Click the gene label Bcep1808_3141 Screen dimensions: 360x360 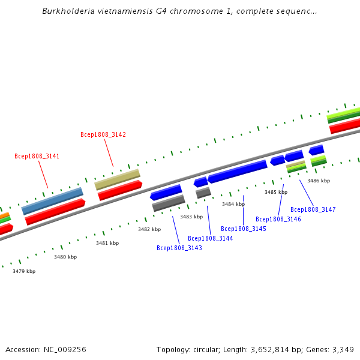click(x=37, y=156)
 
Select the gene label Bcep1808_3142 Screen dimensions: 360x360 click(x=103, y=134)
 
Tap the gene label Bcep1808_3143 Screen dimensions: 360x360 click(x=179, y=248)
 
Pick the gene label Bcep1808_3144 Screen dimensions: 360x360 click(x=210, y=238)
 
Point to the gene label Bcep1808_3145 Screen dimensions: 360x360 click(x=243, y=229)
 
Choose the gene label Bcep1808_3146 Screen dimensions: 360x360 click(x=278, y=219)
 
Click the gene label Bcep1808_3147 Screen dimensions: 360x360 click(x=313, y=209)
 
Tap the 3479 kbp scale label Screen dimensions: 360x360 click(x=24, y=271)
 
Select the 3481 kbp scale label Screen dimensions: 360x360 click(x=107, y=243)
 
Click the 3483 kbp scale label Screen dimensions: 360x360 click(x=191, y=217)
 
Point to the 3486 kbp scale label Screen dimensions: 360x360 click(x=319, y=181)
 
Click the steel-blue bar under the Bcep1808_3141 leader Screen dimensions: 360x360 click(x=52, y=201)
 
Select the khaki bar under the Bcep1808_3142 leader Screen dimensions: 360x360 click(x=117, y=179)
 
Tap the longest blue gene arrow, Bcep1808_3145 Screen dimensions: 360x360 click(x=238, y=171)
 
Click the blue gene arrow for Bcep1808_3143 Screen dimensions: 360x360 click(x=166, y=193)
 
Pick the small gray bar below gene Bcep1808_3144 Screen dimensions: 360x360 click(x=203, y=193)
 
